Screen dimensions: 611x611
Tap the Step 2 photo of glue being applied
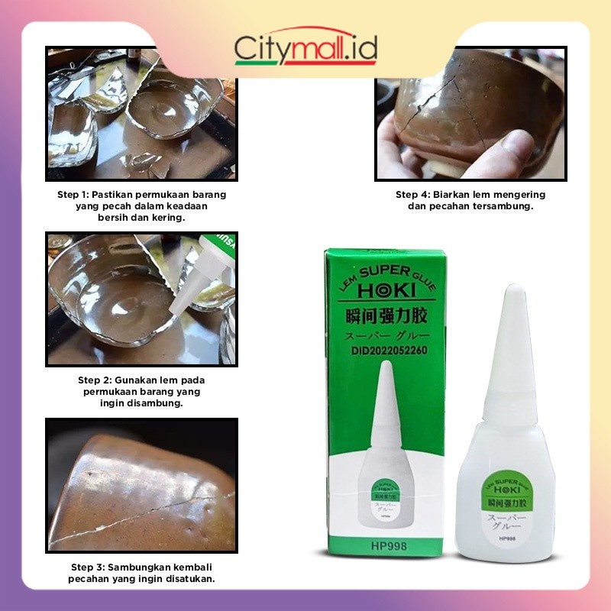click(141, 299)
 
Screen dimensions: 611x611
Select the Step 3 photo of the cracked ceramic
click(141, 485)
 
